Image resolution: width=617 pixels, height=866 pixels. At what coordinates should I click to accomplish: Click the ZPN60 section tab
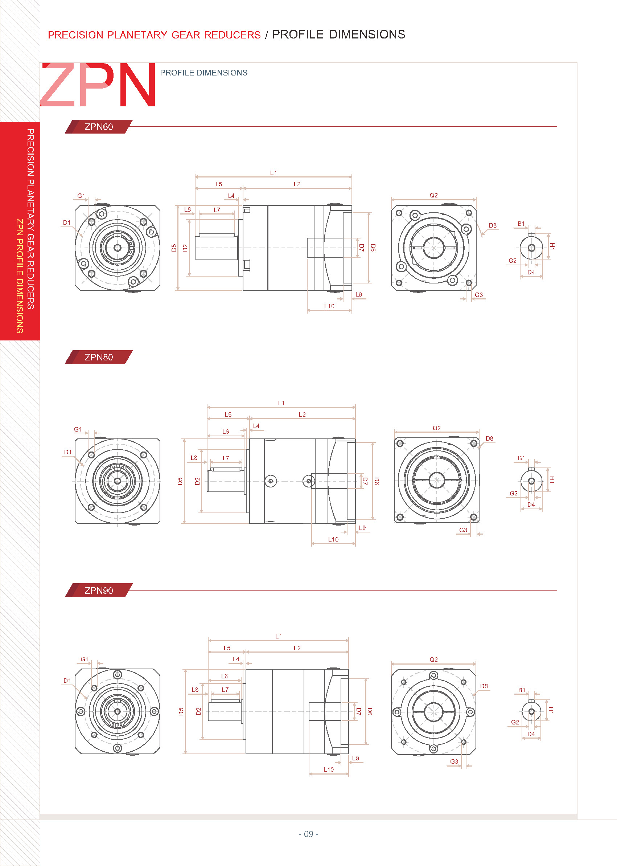[x=98, y=127]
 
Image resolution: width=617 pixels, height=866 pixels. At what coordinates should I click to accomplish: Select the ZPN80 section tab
[x=98, y=357]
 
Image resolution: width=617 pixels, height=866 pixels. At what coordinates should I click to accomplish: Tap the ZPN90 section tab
[x=98, y=591]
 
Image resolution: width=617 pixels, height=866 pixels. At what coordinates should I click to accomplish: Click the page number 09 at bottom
[x=308, y=834]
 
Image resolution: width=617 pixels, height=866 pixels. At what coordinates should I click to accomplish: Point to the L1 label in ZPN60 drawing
[x=273, y=173]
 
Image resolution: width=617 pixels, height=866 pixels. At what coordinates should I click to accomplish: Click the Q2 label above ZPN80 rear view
[x=436, y=428]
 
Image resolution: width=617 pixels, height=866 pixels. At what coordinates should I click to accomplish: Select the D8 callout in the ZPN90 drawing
[x=484, y=686]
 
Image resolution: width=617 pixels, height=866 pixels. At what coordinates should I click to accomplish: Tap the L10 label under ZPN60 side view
[x=329, y=306]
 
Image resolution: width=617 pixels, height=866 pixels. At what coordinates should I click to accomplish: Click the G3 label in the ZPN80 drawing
[x=463, y=530]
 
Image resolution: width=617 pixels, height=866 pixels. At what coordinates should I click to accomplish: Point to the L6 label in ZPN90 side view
[x=225, y=676]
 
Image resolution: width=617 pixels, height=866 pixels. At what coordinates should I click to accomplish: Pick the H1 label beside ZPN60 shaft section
[x=552, y=246]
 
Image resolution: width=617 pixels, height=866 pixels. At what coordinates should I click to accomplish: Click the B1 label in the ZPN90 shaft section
[x=522, y=690]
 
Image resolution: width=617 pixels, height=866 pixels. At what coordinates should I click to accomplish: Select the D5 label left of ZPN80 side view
[x=180, y=481]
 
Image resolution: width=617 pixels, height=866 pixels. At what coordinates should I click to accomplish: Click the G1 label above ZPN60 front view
[x=81, y=195]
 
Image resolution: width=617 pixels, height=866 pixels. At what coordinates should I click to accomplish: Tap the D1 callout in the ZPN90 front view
[x=67, y=681]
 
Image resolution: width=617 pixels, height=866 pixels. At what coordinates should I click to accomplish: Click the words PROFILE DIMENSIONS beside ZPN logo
[x=203, y=73]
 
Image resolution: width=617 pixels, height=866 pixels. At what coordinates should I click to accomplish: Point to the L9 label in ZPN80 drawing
[x=362, y=528]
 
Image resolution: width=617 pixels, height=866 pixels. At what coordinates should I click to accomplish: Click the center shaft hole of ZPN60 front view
[x=118, y=248]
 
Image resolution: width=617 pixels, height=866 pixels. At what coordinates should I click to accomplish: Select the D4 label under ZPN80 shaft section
[x=531, y=505]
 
